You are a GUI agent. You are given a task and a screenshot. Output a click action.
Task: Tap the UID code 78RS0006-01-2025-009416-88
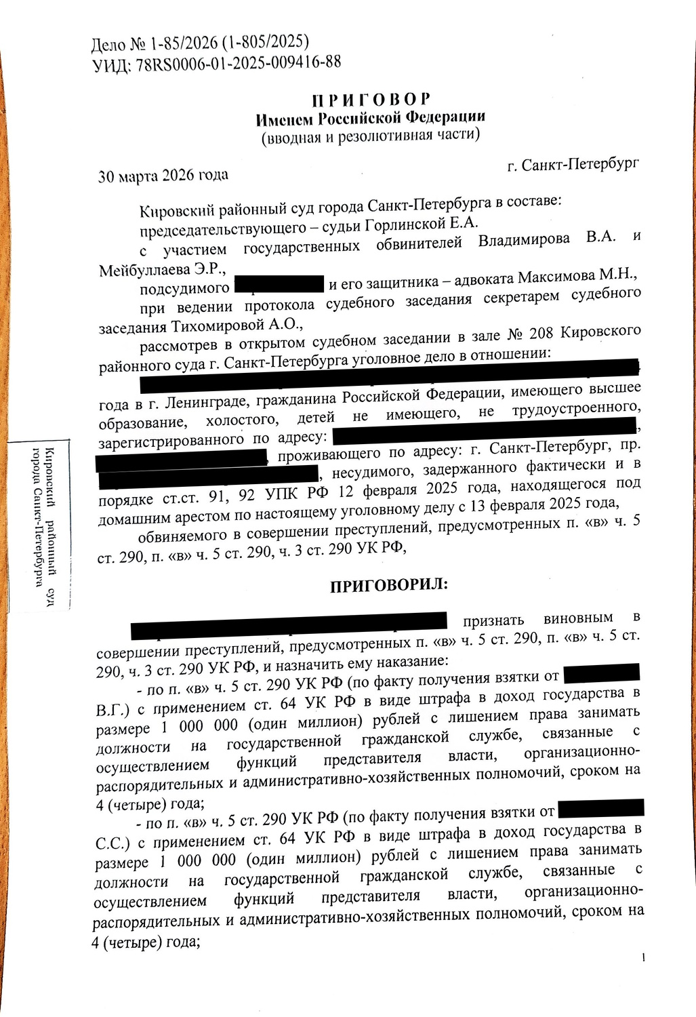237,63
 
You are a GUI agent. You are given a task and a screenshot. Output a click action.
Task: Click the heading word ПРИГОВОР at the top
371,100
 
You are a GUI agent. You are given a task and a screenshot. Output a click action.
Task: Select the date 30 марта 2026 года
163,175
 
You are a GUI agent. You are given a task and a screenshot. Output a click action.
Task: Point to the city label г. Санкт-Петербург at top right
573,165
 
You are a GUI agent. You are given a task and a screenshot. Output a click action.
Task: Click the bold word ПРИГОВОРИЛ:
388,584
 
